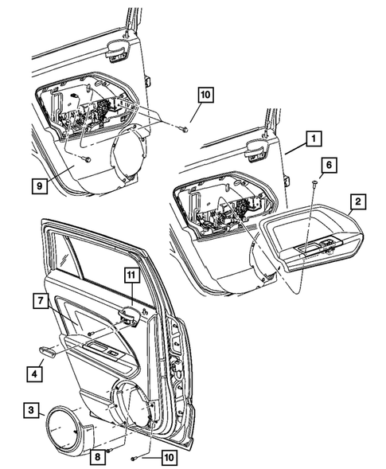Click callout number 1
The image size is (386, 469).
click(x=315, y=139)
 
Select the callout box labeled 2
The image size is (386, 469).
click(x=359, y=202)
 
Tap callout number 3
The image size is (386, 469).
click(x=31, y=410)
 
